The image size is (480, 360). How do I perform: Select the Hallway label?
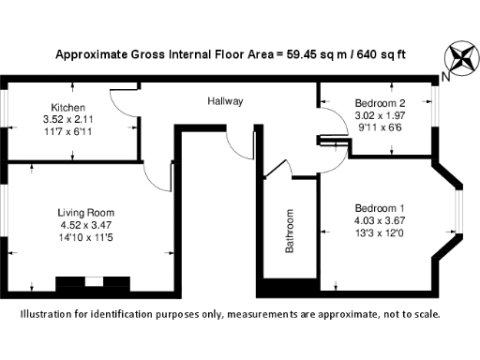click(225, 100)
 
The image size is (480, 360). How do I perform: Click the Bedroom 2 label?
click(379, 102)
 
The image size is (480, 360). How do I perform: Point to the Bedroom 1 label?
click(379, 207)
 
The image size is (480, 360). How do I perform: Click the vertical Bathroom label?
click(290, 231)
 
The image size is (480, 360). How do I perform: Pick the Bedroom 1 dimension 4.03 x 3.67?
click(379, 220)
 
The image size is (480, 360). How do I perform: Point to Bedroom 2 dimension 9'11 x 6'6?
click(379, 127)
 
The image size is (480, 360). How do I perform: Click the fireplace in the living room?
click(92, 282)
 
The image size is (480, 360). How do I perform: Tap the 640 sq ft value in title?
click(382, 53)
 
